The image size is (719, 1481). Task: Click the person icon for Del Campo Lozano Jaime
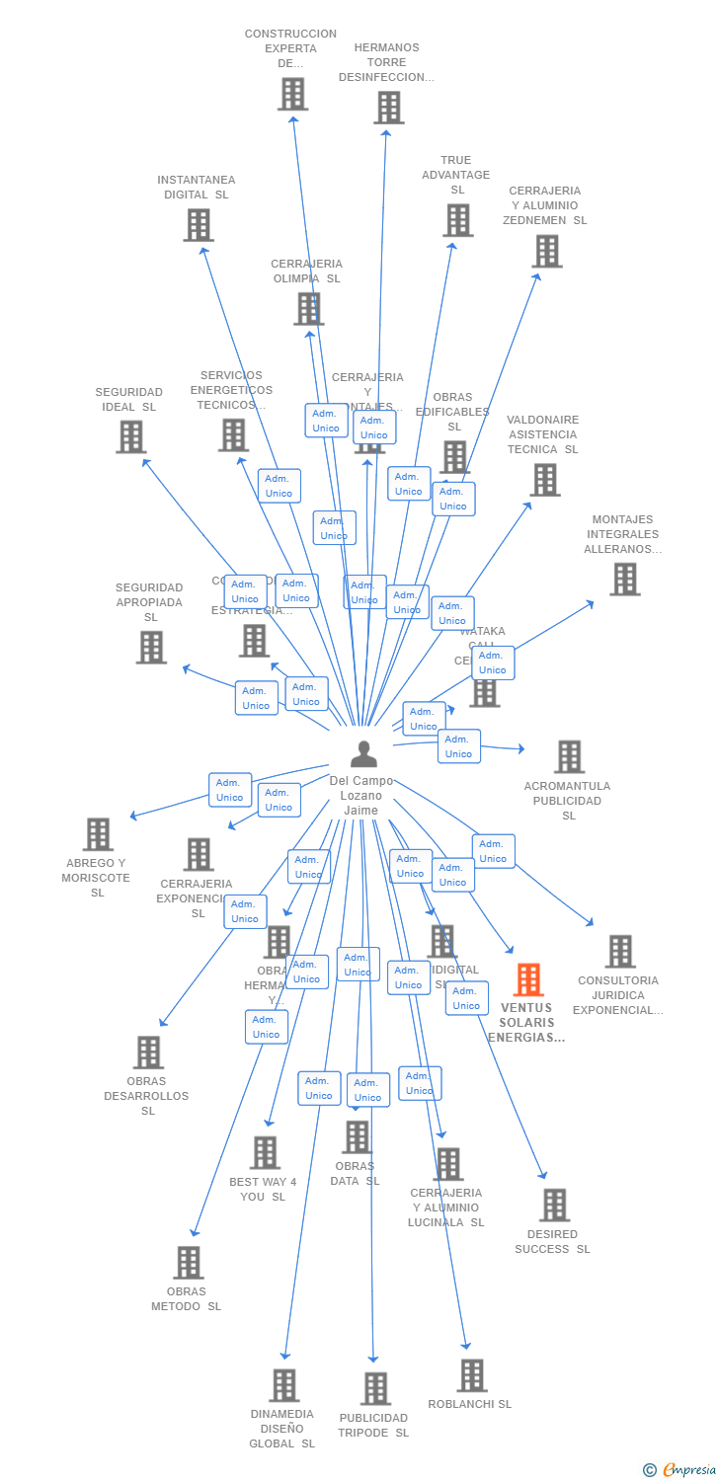tap(363, 754)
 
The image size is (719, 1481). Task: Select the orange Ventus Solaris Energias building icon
tap(528, 979)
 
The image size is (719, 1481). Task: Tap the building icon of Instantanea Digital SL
tap(199, 225)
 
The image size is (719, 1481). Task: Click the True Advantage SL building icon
tap(457, 220)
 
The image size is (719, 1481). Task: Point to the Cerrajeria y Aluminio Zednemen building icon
tap(547, 252)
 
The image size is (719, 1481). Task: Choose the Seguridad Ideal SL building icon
tap(130, 436)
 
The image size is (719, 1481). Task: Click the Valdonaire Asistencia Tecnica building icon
tap(544, 480)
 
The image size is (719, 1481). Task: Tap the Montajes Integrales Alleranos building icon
tap(624, 580)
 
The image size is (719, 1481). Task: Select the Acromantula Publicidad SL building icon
tap(569, 757)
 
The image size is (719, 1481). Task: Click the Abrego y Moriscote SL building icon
tap(98, 834)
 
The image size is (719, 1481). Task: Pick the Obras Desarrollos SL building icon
tap(148, 1052)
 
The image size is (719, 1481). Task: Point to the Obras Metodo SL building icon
tap(188, 1263)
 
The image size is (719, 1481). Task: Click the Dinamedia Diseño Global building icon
tap(284, 1385)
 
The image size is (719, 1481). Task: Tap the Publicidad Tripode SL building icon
tap(375, 1389)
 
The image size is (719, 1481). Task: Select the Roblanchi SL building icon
tap(471, 1375)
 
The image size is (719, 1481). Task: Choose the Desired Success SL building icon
tap(554, 1206)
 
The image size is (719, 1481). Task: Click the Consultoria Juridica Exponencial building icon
tap(619, 952)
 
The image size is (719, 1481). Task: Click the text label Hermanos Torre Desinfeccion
tap(386, 62)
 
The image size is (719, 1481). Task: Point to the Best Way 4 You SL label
tap(263, 1189)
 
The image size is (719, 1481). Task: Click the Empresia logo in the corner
tap(680, 1469)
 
